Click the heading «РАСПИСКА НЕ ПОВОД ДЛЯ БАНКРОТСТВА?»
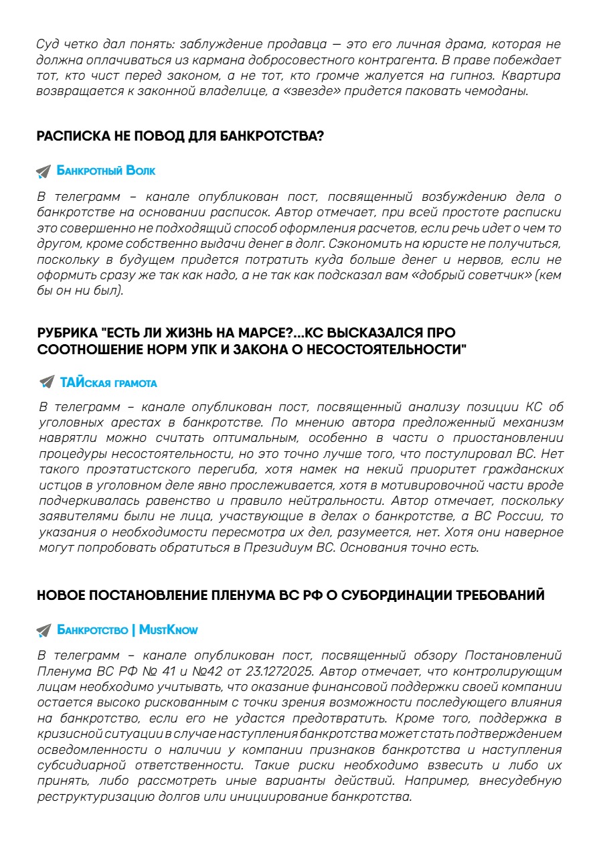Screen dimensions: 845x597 (180, 137)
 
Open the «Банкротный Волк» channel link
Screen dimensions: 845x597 (106, 171)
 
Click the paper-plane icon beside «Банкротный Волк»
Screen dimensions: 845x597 (44, 171)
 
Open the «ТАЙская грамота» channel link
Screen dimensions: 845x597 (108, 383)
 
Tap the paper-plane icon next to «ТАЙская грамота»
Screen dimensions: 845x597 (46, 382)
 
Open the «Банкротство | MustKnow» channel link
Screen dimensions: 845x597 (127, 630)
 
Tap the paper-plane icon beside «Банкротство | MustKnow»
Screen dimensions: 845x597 (44, 630)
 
